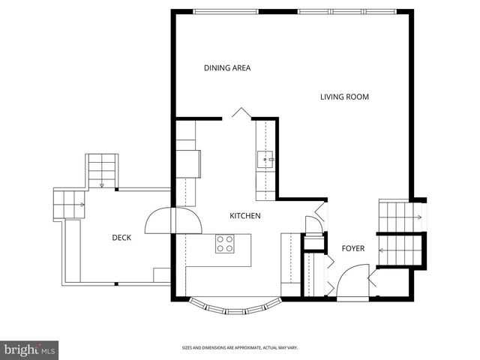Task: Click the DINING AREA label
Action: [226, 68]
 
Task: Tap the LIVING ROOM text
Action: [344, 97]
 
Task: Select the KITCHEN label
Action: [244, 216]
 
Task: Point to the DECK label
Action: [121, 238]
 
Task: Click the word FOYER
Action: [353, 248]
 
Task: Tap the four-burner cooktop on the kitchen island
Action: [225, 244]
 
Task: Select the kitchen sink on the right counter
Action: [266, 160]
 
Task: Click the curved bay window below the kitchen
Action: [235, 306]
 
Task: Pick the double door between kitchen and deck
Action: [173, 221]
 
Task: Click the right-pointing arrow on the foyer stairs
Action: [416, 217]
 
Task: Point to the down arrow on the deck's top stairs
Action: [101, 184]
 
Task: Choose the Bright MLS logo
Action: [30, 349]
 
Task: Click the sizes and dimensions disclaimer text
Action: [239, 348]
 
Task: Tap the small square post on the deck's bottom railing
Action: [116, 283]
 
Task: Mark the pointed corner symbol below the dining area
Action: [240, 112]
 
